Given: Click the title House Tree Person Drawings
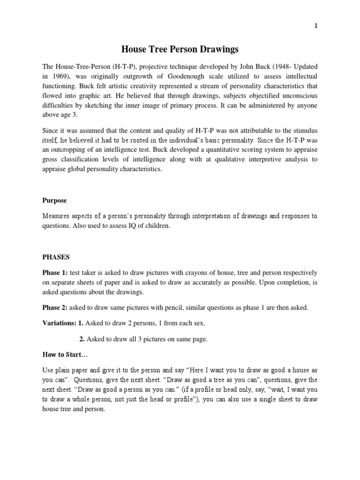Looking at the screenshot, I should point(180,49).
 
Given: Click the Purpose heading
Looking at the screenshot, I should point(55,200).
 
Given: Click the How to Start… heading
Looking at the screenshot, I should point(63,355).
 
